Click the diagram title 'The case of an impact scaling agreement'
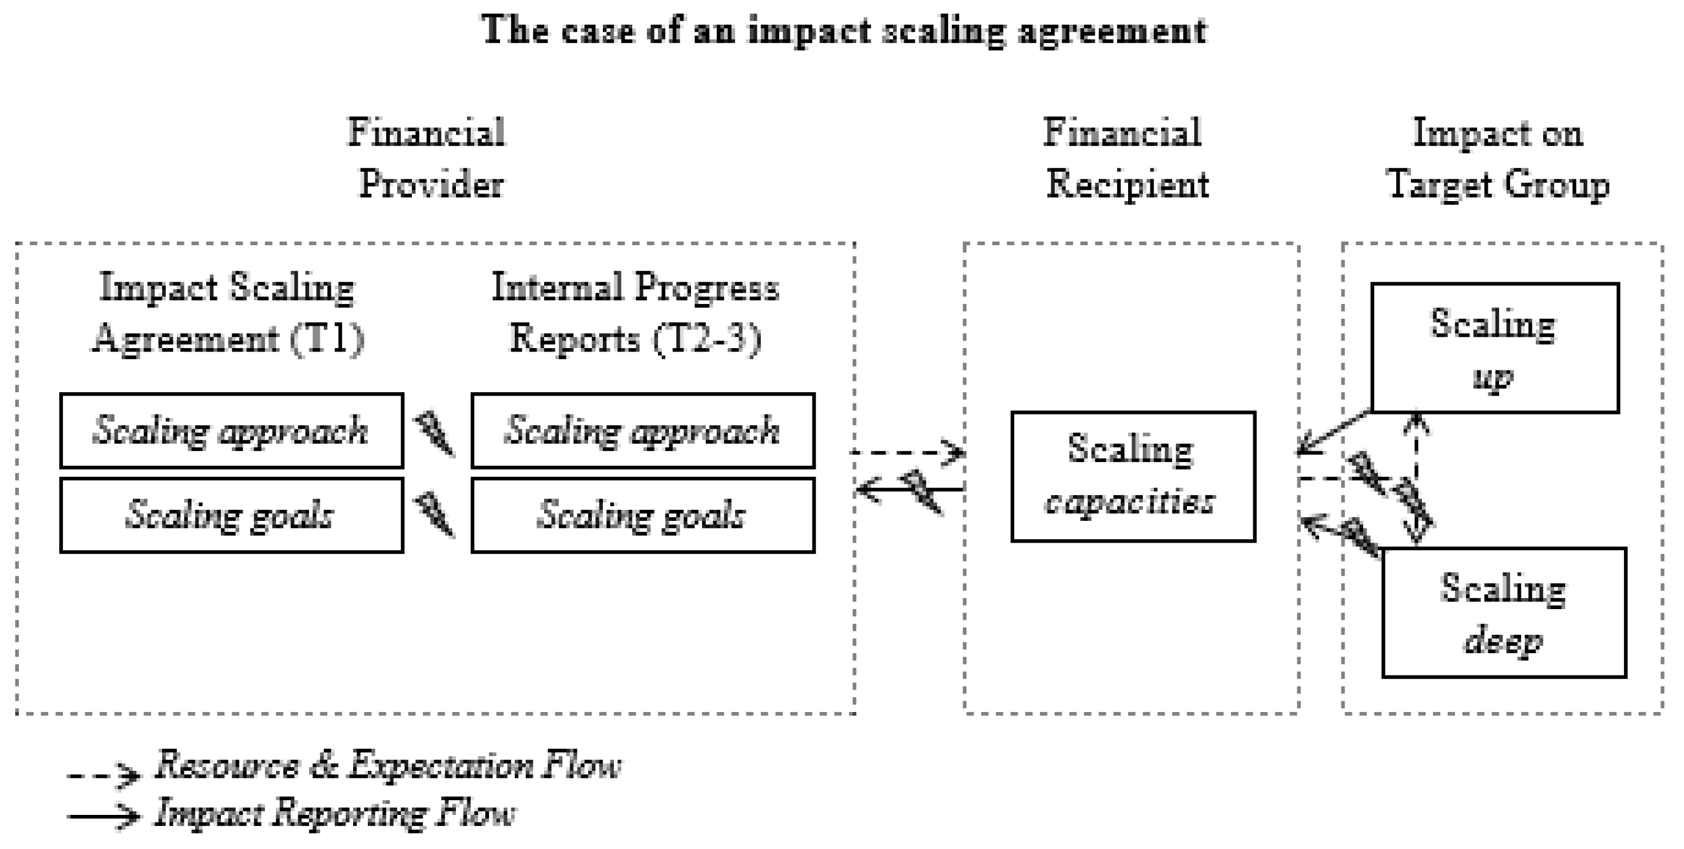tap(843, 30)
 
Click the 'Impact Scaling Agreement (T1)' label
tap(227, 313)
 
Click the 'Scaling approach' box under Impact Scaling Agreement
tap(232, 430)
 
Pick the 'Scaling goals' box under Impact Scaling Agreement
tap(232, 516)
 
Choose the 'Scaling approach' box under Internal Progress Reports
tap(643, 430)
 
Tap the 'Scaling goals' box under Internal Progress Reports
tap(643, 516)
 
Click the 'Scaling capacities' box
tap(1133, 476)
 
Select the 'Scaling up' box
tap(1494, 348)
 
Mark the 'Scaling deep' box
tap(1504, 613)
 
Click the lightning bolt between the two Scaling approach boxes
tap(436, 433)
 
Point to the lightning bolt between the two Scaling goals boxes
tap(436, 516)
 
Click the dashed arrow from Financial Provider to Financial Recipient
tap(905, 452)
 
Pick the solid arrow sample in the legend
tap(103, 815)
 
